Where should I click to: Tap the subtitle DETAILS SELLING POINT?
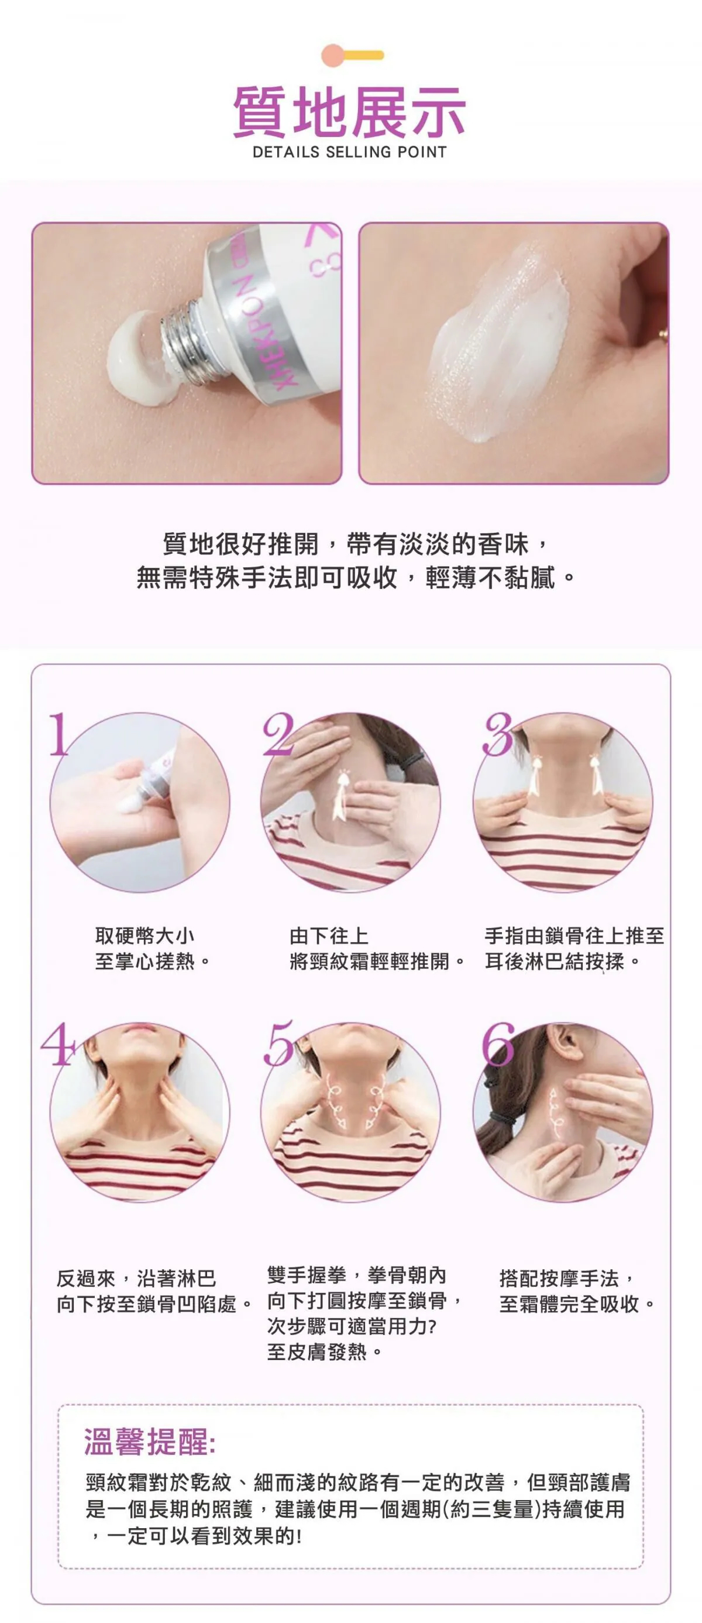point(349,152)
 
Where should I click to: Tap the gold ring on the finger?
point(663,334)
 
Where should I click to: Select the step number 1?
point(59,734)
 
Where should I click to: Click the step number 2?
point(278,734)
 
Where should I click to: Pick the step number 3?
point(498,734)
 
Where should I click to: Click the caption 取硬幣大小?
point(145,936)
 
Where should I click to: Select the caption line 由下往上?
point(329,936)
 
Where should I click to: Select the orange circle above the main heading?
point(332,56)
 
